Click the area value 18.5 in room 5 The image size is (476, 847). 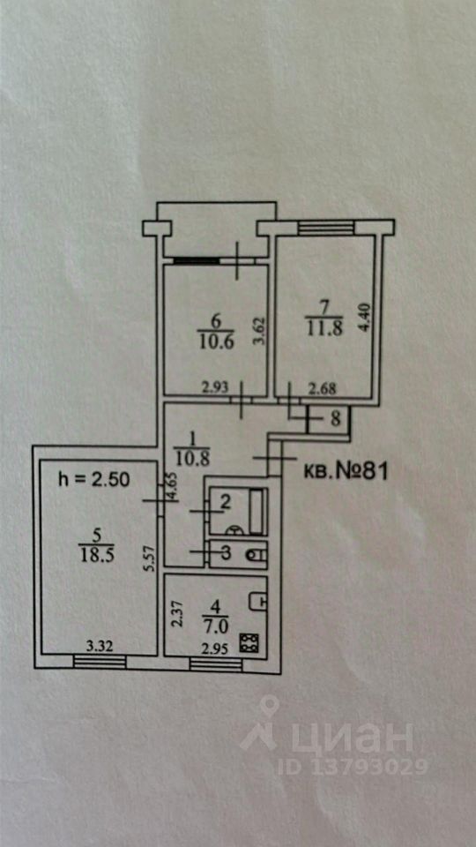click(95, 556)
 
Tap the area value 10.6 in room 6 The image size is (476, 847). click(215, 342)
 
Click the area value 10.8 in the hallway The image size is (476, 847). click(191, 458)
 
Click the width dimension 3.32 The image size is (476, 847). click(100, 646)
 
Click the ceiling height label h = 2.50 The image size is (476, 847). click(94, 480)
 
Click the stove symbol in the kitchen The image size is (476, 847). click(249, 642)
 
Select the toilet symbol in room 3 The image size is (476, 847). click(256, 554)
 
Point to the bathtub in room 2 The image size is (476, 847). click(257, 511)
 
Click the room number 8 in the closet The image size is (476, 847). click(336, 419)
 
